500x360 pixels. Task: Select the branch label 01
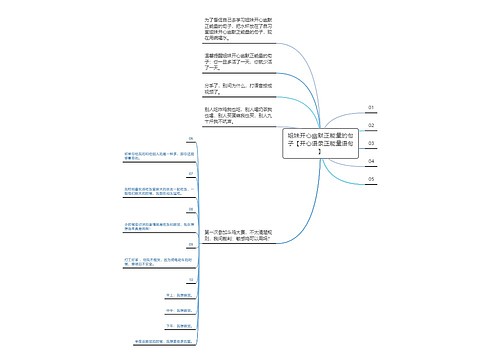(x=371, y=107)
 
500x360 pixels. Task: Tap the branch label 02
(x=371, y=125)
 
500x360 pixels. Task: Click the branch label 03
(x=371, y=143)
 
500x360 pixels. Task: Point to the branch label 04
(x=371, y=161)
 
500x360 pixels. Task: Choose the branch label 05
(x=371, y=179)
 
